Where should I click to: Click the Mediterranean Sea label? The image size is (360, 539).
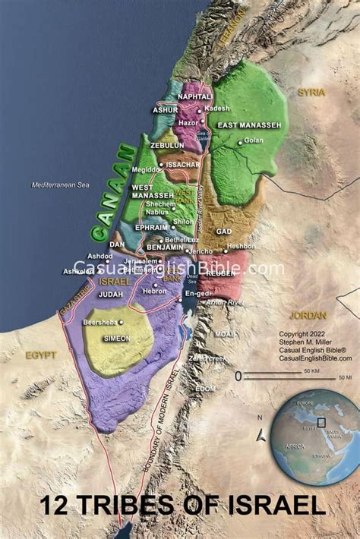60,185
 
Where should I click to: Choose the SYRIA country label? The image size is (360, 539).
311,93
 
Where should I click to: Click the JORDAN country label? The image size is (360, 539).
308,315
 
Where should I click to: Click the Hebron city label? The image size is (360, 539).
155,291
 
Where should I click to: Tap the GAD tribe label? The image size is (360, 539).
223,231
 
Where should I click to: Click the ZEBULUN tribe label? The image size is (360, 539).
166,145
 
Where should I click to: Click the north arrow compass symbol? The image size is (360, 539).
261,433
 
